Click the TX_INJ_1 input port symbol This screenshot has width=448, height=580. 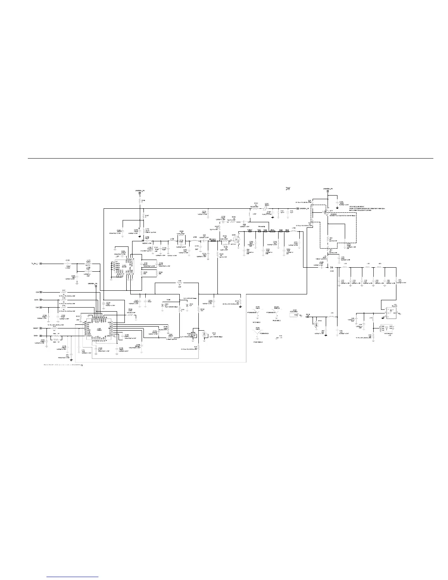tap(41, 263)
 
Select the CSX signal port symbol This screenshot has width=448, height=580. tap(41, 292)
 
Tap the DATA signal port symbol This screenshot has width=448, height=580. tap(41, 300)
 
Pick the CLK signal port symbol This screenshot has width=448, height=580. tap(41, 307)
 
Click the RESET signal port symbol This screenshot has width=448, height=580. tap(41, 328)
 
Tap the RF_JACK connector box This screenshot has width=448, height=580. tap(392, 311)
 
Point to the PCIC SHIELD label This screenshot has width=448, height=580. tap(258, 342)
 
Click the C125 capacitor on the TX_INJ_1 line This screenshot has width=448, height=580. tap(68, 264)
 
